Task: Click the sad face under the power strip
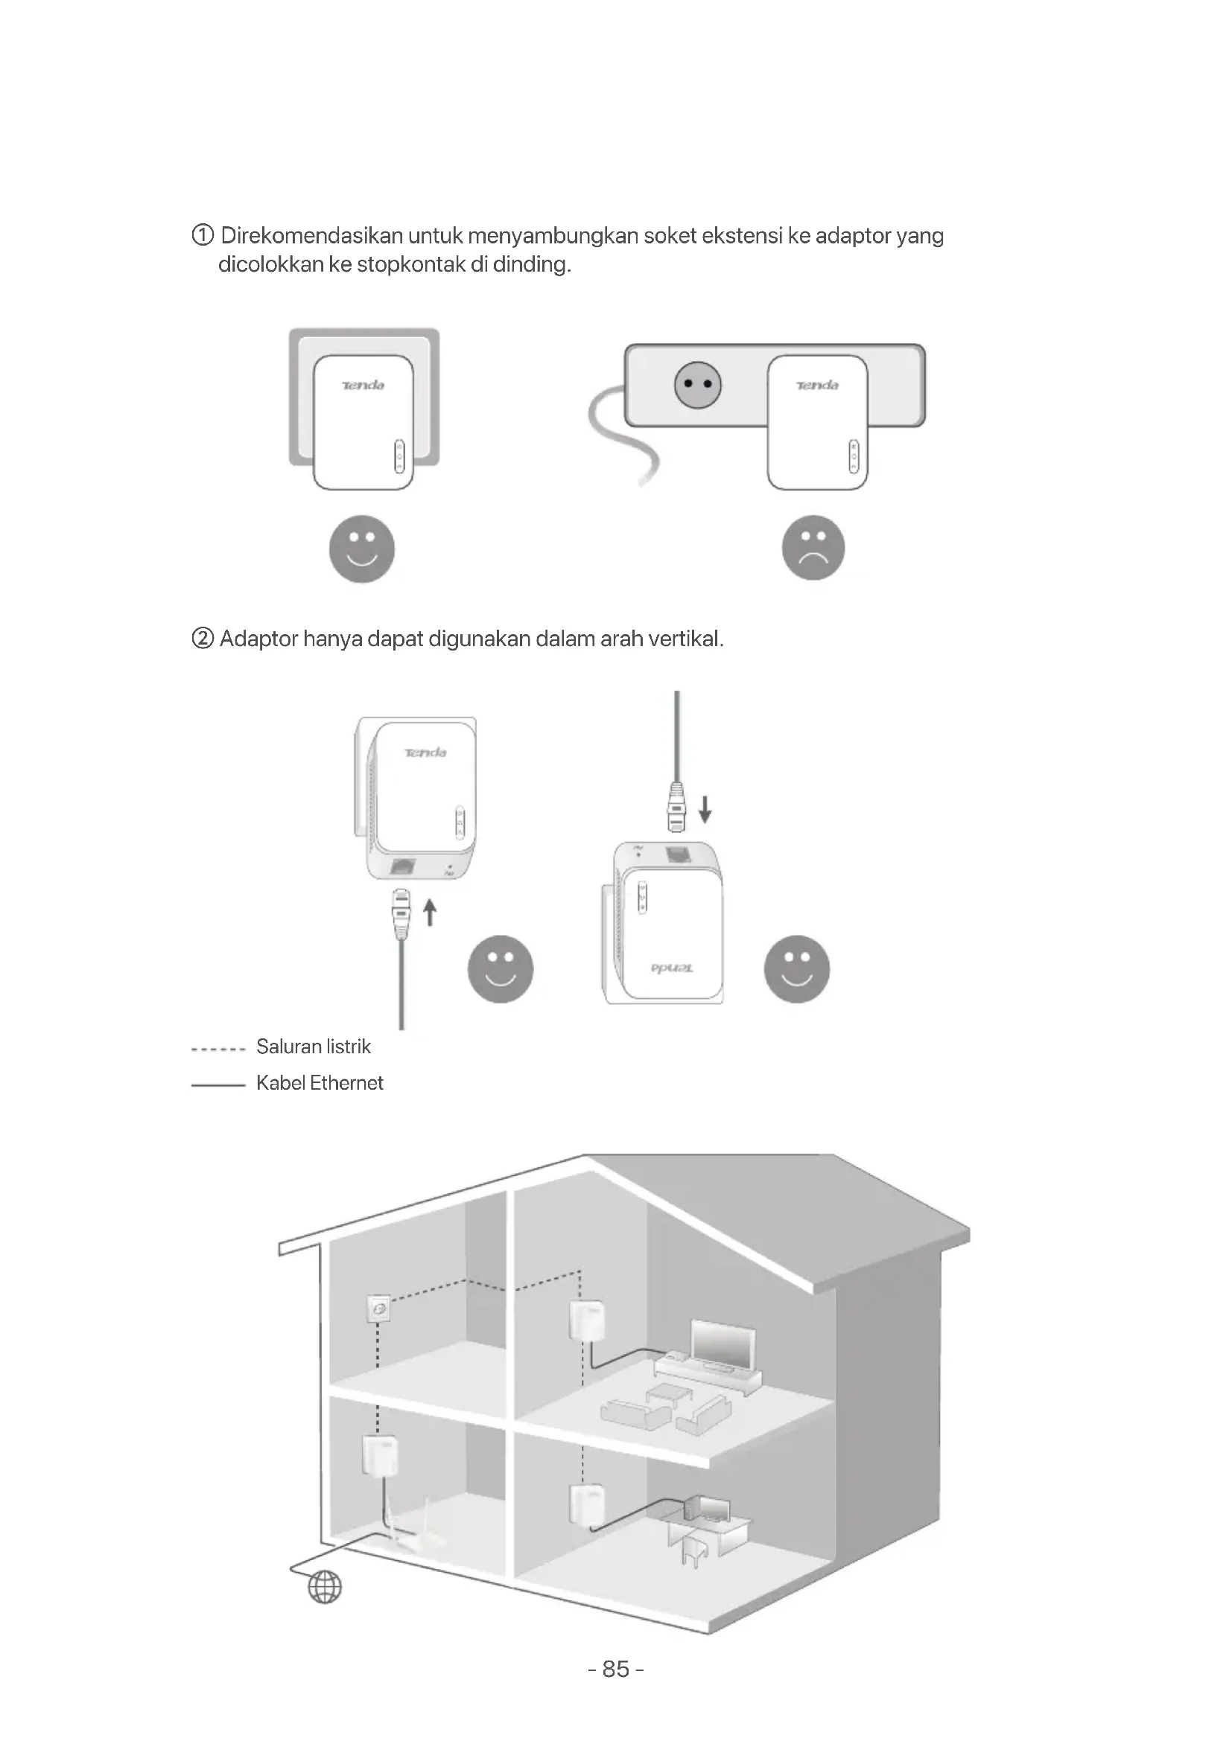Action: coord(813,548)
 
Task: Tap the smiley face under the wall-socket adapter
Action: coord(362,549)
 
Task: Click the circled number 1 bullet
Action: coord(203,236)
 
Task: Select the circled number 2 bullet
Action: coord(203,639)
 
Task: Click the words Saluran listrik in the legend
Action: coord(314,1047)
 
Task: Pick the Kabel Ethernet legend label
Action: coord(320,1083)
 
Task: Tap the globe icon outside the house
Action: coord(325,1586)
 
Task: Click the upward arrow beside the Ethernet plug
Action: coord(430,913)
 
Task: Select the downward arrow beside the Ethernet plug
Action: coord(705,808)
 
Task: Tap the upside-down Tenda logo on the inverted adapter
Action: coord(671,968)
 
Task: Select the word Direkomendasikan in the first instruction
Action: coord(311,236)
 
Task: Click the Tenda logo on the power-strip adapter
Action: coord(816,386)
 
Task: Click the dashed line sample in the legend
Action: coord(217,1050)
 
